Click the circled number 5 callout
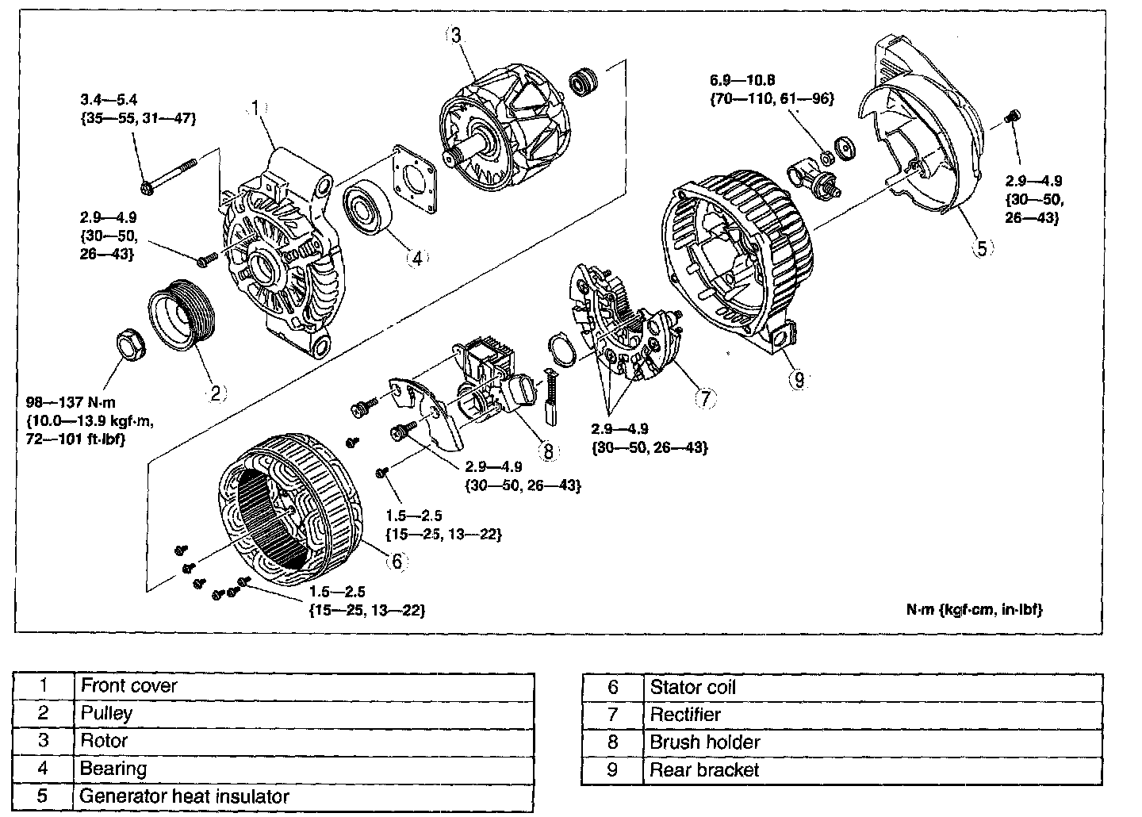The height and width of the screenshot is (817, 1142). (981, 248)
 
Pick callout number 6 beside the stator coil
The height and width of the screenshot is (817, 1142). (397, 562)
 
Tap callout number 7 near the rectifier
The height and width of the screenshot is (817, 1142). (705, 397)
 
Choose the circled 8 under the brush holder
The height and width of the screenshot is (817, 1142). (547, 451)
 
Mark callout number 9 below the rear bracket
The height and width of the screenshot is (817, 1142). (798, 380)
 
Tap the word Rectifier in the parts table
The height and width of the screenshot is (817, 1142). (685, 714)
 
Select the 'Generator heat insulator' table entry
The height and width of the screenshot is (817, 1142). (184, 796)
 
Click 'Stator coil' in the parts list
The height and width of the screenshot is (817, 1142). (692, 687)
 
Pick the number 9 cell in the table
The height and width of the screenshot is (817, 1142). (612, 769)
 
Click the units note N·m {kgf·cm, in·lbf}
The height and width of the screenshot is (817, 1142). (974, 609)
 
